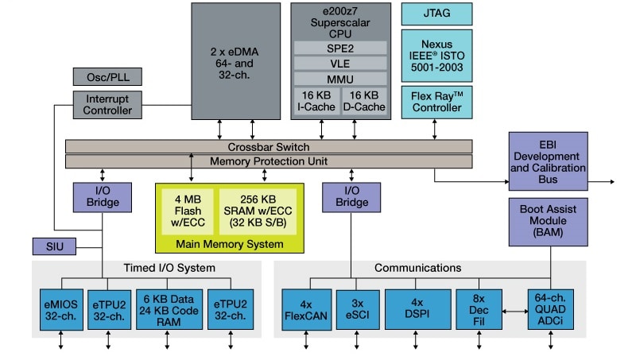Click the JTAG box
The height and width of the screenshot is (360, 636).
coord(436,14)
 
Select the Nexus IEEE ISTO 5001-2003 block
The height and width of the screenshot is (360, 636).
coord(436,55)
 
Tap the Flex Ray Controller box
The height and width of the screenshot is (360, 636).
coord(436,102)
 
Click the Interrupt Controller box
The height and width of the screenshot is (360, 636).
coord(107,104)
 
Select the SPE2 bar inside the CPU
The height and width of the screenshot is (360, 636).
coord(340,48)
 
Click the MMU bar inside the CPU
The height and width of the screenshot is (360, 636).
coord(340,79)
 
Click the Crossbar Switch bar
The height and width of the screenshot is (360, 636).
coord(269,147)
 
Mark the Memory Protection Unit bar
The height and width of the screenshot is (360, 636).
coord(269,161)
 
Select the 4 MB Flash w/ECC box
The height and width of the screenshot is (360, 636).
coord(188,211)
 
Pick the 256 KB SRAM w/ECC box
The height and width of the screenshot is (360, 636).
coord(257,211)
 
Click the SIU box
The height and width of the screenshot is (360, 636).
coord(55,246)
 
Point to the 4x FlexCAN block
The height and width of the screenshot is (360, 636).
coord(305,309)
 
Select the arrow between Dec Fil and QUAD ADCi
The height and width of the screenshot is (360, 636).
coord(513,310)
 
